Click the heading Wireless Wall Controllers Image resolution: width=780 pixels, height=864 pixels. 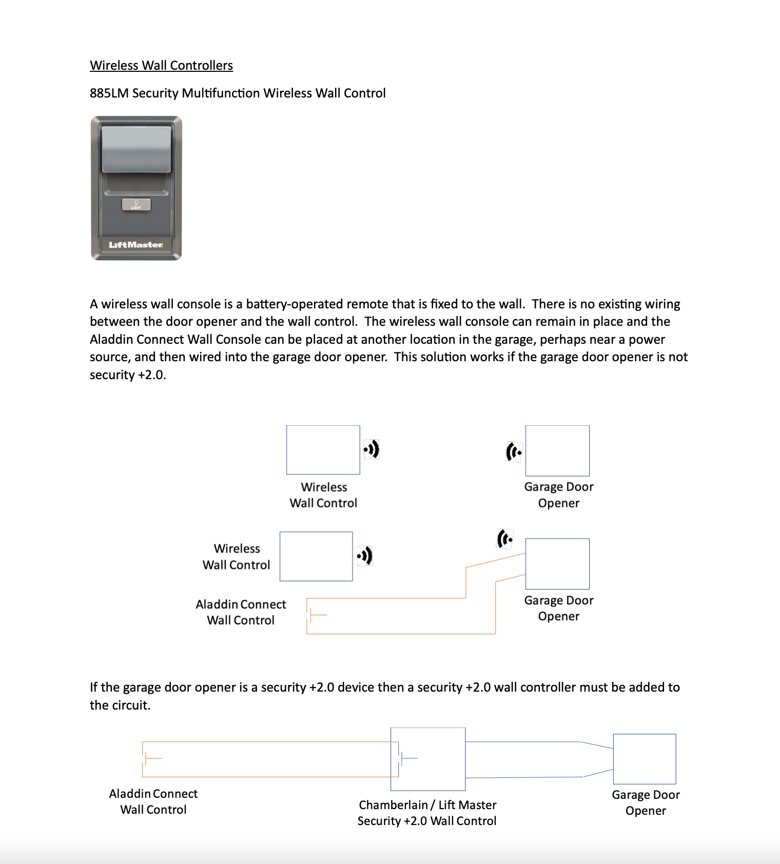point(161,66)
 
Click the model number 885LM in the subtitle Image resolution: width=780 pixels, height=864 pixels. point(108,93)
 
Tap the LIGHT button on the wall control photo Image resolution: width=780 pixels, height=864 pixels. point(136,205)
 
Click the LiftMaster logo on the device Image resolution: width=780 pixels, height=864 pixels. point(135,245)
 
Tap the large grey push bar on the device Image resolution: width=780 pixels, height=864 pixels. point(136,149)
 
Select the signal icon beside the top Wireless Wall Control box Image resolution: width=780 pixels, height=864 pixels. point(372,449)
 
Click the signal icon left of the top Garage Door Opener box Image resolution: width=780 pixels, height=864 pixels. point(514,452)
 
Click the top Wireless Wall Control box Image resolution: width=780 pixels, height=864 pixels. point(323,450)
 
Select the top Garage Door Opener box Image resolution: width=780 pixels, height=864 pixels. point(557,451)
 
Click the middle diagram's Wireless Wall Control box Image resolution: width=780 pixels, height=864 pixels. point(316,556)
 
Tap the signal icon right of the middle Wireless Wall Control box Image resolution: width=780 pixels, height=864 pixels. point(365,556)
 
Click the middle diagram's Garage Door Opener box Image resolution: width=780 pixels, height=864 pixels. point(557,564)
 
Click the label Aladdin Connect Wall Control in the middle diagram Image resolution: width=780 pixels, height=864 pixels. point(241,612)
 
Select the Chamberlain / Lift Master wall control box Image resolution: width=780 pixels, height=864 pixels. point(428,759)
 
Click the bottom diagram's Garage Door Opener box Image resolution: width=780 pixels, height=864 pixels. point(645,759)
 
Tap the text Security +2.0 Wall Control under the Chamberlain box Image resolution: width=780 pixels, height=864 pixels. point(426,821)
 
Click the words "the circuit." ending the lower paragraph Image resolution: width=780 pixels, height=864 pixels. point(120,705)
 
